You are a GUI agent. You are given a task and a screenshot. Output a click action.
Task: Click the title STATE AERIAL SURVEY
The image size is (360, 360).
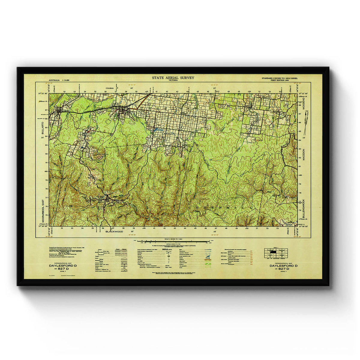click(x=173, y=78)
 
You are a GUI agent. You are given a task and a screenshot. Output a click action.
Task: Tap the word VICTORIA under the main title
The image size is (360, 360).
click(x=173, y=80)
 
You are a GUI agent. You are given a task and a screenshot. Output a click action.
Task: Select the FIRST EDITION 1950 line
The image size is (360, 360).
click(x=283, y=80)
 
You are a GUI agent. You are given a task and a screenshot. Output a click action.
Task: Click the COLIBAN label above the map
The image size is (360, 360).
click(x=110, y=88)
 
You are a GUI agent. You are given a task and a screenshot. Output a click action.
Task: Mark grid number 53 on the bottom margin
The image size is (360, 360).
click(x=280, y=228)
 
